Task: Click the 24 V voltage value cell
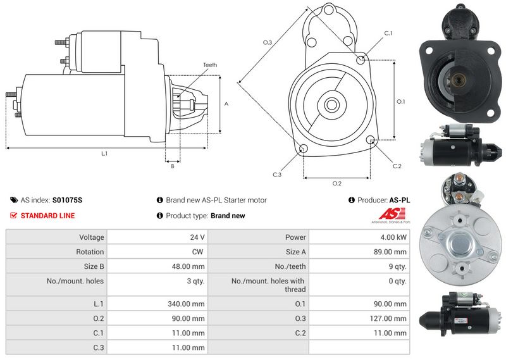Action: [197, 237]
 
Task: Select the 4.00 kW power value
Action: [393, 237]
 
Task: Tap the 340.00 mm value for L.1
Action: [186, 304]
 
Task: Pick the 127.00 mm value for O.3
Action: [388, 319]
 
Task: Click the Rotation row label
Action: [90, 252]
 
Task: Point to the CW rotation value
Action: [197, 252]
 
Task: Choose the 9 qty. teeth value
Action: [398, 267]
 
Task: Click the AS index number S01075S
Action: [67, 200]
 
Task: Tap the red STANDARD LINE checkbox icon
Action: [13, 215]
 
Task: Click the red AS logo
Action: [392, 214]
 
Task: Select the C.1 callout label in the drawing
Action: [388, 34]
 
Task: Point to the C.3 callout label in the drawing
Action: [277, 175]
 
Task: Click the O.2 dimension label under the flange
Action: [336, 183]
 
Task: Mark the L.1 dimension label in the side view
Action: [104, 154]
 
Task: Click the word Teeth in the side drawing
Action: [210, 65]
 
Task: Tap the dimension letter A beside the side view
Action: [226, 104]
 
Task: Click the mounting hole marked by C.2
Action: [371, 139]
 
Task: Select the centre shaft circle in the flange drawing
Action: [331, 104]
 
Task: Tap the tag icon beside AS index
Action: [14, 200]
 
